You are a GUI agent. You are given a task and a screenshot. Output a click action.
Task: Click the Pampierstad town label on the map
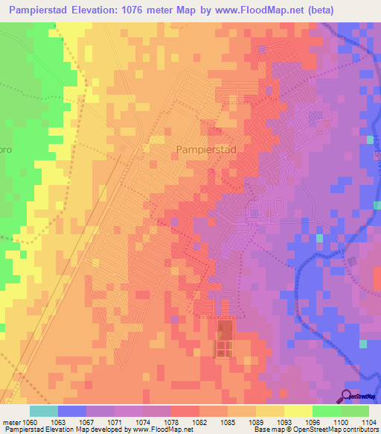[205, 150]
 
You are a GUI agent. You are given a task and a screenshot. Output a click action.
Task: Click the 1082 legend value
[199, 421]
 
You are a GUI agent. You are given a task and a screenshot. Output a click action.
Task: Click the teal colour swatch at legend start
[44, 411]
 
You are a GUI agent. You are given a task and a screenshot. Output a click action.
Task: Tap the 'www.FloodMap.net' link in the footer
[160, 430]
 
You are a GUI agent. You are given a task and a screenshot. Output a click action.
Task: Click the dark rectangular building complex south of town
[224, 339]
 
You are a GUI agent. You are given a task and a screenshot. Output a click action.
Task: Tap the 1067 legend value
[86, 421]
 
